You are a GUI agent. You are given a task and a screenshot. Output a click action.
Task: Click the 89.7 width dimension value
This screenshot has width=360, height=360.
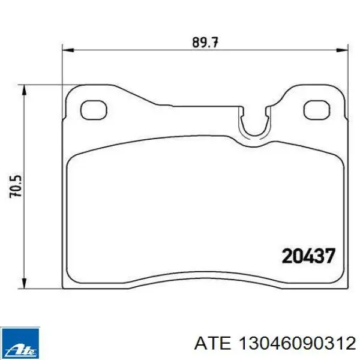[x=205, y=42]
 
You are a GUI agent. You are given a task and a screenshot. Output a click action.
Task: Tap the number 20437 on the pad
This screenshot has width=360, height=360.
[x=308, y=256]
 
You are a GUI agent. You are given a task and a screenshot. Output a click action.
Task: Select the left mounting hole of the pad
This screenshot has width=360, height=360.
[x=94, y=110]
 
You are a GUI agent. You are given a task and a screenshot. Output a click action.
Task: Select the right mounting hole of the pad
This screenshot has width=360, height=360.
[x=317, y=110]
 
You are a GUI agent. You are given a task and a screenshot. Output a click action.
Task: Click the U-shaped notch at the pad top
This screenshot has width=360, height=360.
[x=254, y=134]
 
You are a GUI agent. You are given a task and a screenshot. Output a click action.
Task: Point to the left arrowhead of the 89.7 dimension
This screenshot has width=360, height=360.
[x=68, y=50]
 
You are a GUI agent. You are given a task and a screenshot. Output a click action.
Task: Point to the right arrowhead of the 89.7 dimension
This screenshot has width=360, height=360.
[x=343, y=50]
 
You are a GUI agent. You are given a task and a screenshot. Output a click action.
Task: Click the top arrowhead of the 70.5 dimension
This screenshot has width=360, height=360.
[x=24, y=91]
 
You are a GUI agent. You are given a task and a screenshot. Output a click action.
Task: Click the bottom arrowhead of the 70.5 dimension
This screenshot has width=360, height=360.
[x=24, y=283]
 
